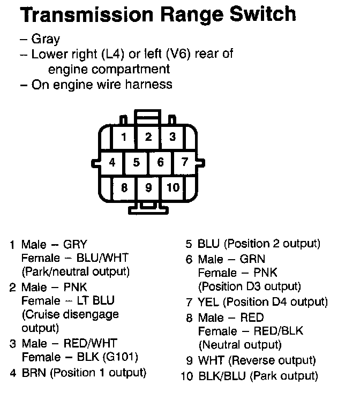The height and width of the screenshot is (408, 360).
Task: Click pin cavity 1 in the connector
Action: coord(124,138)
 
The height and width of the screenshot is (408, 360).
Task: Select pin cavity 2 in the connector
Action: coord(148,137)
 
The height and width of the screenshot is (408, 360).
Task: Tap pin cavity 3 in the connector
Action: coord(172,137)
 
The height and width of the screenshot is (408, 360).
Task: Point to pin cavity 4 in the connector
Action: coord(112,162)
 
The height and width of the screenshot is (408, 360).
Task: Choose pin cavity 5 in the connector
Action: coord(137,162)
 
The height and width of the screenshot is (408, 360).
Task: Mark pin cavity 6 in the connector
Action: coord(160,162)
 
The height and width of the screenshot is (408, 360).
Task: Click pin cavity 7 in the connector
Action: coord(185,162)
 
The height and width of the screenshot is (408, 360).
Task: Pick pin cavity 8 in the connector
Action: coord(124,187)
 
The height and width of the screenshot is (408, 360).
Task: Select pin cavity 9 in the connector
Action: coord(148,187)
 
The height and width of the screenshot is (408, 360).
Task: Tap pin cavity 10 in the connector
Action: coord(172,187)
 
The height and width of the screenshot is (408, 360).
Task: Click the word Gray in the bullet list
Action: coord(46,39)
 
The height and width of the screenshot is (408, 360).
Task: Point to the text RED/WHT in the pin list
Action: coord(91,343)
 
